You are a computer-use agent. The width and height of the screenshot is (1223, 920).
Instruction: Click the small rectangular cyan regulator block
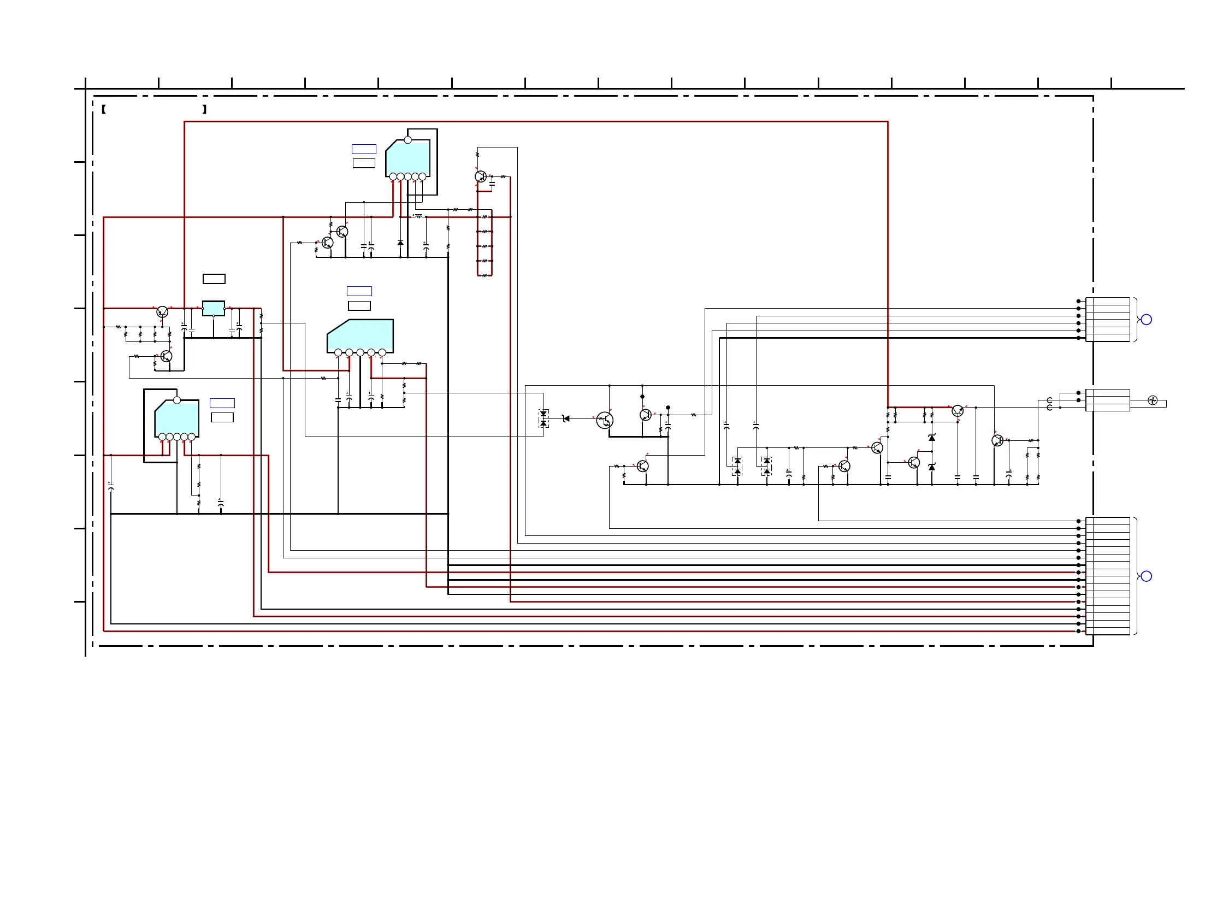[214, 308]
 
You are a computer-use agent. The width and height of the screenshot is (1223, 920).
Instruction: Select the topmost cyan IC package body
[409, 158]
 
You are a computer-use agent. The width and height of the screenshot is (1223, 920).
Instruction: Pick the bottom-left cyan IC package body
[177, 418]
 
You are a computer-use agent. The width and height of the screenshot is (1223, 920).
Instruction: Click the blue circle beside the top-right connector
[1146, 320]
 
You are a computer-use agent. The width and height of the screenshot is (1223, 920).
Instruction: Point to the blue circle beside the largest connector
[1146, 576]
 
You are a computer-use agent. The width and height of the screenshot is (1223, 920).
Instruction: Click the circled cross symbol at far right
[1152, 400]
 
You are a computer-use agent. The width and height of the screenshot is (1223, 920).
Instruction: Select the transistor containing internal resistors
[605, 420]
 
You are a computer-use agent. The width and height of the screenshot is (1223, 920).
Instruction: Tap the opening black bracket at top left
[104, 109]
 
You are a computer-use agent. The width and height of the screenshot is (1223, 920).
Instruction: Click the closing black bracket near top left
[205, 109]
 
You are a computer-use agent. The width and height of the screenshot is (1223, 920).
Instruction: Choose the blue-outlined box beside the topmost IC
[364, 149]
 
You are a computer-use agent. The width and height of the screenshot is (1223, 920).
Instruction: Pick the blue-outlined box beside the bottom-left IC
[222, 403]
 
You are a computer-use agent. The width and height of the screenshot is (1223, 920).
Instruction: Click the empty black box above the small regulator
[214, 279]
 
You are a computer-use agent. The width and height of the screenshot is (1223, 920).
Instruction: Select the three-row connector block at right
[1107, 400]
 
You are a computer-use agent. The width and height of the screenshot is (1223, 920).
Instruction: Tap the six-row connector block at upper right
[1107, 320]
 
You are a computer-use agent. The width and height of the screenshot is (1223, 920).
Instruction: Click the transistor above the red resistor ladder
[481, 176]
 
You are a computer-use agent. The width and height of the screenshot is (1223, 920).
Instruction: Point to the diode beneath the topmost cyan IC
[400, 243]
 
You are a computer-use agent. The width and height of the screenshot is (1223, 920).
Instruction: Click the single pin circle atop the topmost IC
[408, 140]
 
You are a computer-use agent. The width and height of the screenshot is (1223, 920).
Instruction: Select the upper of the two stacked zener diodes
[932, 438]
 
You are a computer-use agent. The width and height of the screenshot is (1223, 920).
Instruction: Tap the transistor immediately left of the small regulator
[162, 312]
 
